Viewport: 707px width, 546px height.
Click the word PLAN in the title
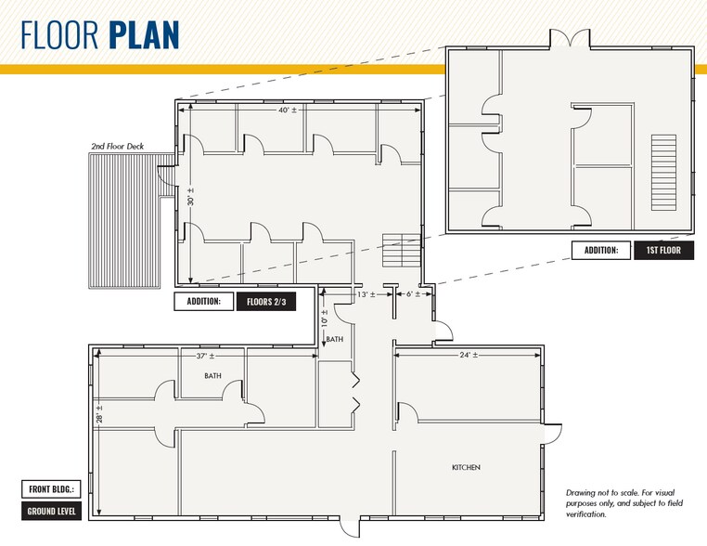tap(145, 34)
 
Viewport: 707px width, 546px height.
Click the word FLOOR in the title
tap(59, 34)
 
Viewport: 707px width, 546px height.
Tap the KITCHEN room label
tap(466, 467)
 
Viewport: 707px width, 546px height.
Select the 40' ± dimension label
tap(288, 110)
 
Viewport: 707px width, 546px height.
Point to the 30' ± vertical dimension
tap(190, 197)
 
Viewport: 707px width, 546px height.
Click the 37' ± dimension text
tap(205, 356)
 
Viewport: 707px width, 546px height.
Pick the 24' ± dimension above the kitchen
tap(469, 355)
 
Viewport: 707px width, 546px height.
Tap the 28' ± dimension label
tap(99, 414)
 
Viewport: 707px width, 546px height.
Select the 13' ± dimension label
tap(366, 294)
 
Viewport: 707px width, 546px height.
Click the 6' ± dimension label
tap(413, 294)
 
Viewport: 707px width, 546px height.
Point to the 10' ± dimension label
tap(324, 318)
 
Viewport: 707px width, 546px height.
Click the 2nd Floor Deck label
tap(118, 146)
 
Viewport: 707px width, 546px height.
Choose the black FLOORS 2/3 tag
tap(266, 302)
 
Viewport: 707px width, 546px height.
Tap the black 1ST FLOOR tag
tap(663, 251)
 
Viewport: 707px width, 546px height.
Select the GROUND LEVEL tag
tap(51, 512)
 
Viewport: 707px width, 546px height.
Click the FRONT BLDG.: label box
tap(51, 489)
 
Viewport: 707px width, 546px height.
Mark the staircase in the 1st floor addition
tap(663, 173)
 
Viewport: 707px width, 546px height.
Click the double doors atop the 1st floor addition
tap(570, 38)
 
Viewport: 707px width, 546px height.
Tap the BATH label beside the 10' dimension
tap(335, 339)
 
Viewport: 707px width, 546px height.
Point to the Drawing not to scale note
tap(624, 503)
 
